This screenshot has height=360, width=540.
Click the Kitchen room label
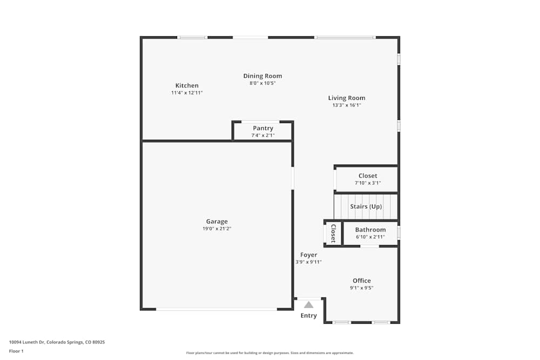pyautogui.click(x=187, y=86)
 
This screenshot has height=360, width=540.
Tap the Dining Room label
pyautogui.click(x=262, y=76)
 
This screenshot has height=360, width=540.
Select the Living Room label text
pyautogui.click(x=347, y=98)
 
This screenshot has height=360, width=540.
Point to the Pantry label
pyautogui.click(x=263, y=128)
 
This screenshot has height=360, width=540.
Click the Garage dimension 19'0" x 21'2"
pyautogui.click(x=217, y=229)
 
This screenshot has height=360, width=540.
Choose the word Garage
pyautogui.click(x=217, y=221)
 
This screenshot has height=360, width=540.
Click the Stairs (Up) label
pyautogui.click(x=366, y=207)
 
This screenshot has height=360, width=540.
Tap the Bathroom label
pyautogui.click(x=370, y=230)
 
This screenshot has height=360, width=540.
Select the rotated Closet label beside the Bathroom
pyautogui.click(x=333, y=234)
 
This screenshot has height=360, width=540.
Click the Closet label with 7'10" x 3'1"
pyautogui.click(x=368, y=176)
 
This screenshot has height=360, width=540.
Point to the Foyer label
pyautogui.click(x=309, y=255)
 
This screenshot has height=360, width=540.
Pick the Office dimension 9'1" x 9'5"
pyautogui.click(x=362, y=288)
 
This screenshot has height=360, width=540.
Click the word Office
pyautogui.click(x=362, y=281)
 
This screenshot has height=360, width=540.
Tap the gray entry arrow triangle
pyautogui.click(x=308, y=304)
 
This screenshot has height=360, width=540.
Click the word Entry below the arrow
pyautogui.click(x=309, y=316)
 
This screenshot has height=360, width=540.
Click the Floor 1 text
pyautogui.click(x=16, y=351)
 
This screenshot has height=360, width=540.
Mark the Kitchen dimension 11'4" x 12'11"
pyautogui.click(x=187, y=93)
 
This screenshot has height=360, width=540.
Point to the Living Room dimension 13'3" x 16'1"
pyautogui.click(x=347, y=105)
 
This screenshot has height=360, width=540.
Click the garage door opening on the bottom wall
pyautogui.click(x=217, y=309)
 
